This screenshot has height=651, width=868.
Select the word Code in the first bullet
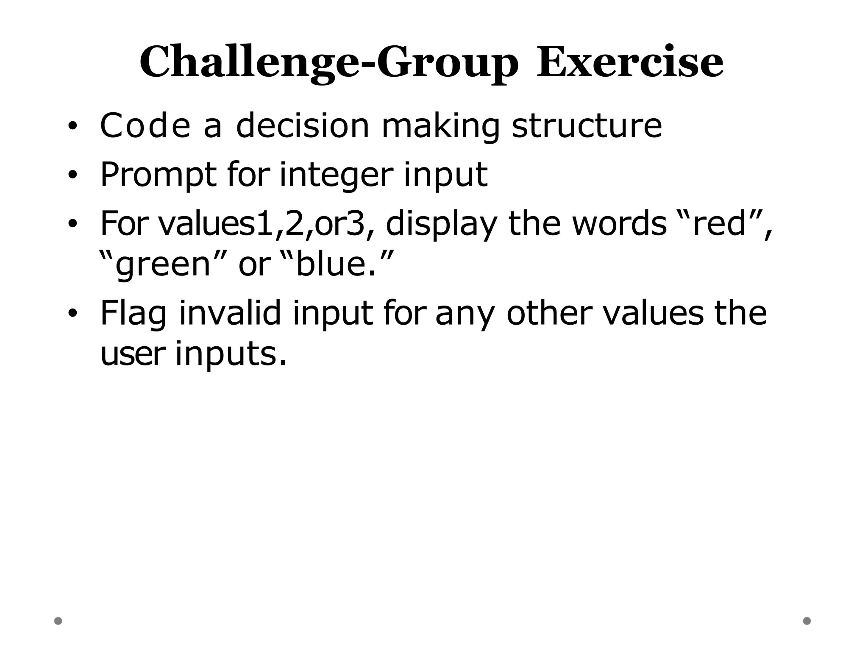coord(145,125)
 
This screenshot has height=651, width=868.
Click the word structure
coord(587,125)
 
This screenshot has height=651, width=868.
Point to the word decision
coord(303,125)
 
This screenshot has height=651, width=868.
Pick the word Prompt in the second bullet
coord(158,175)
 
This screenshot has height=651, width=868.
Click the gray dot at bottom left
coord(58,621)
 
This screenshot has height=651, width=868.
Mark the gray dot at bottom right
coord(807,621)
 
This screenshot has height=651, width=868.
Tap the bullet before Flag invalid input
coord(72,313)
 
